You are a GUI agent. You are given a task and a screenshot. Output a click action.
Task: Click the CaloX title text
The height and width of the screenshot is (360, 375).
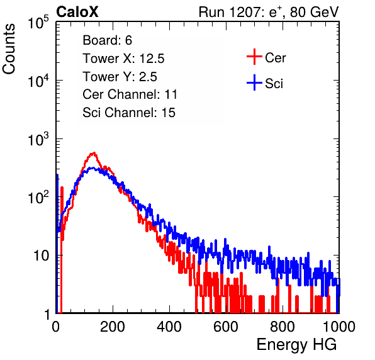(x=77, y=12)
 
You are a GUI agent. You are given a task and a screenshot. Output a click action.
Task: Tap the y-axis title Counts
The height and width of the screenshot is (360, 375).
(x=9, y=49)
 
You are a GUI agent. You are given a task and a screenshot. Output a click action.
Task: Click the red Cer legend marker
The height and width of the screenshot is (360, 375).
(x=254, y=57)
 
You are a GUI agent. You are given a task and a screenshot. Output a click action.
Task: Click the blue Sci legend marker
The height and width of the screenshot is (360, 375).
(x=254, y=83)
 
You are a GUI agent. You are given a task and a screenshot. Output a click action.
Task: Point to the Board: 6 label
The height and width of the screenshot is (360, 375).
(x=107, y=40)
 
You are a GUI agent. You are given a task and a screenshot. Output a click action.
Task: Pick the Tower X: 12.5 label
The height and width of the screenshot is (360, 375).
(x=123, y=59)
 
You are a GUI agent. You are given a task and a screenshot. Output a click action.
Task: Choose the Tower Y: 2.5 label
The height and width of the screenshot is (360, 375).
(x=120, y=77)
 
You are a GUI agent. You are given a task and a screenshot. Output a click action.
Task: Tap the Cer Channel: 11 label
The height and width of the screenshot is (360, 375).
(x=130, y=94)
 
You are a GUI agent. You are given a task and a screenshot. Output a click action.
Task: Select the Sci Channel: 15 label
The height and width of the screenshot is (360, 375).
(x=129, y=113)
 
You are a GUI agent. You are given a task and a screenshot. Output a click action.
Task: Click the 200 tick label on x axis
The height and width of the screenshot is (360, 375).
(x=113, y=327)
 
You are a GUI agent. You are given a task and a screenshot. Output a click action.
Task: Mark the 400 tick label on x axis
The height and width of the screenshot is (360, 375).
(x=169, y=327)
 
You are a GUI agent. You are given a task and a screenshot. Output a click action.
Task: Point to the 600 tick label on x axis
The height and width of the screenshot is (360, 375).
(x=226, y=327)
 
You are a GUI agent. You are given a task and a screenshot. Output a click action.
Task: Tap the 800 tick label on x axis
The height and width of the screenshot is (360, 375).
(x=283, y=327)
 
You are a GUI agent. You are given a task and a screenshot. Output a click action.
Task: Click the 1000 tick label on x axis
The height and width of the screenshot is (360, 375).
(x=339, y=327)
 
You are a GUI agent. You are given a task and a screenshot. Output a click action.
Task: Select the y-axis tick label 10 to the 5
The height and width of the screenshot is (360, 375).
(x=38, y=22)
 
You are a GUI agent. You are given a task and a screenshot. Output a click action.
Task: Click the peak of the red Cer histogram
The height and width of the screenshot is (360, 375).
(x=94, y=152)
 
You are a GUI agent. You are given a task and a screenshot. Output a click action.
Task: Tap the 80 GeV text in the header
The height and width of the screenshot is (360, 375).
(x=314, y=12)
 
